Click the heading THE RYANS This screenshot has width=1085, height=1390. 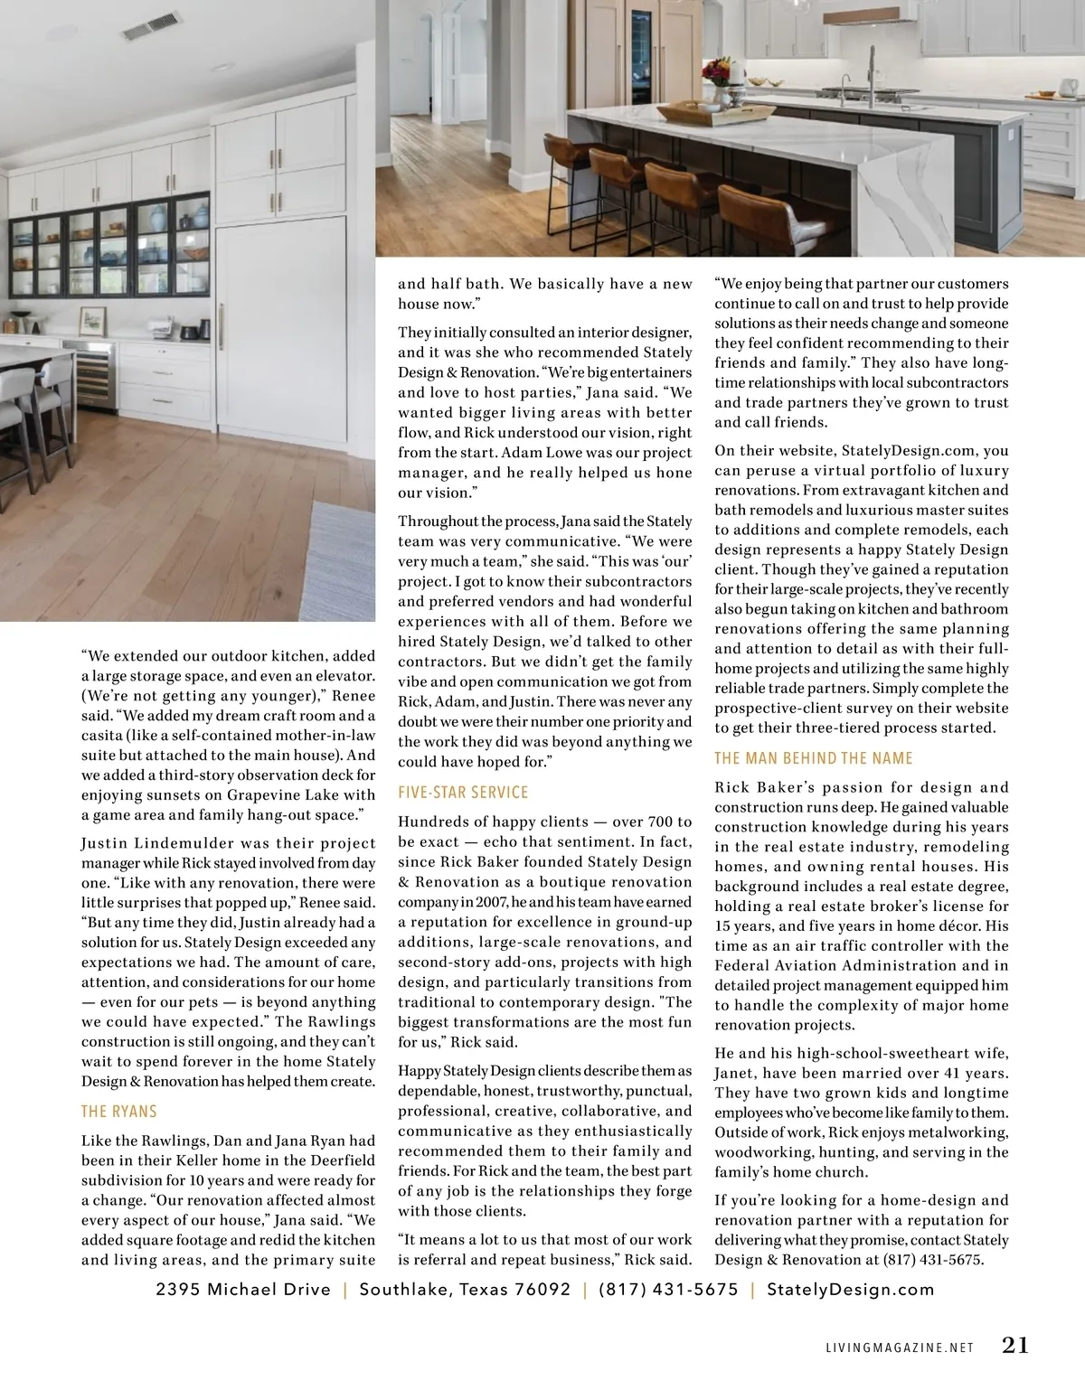118,1112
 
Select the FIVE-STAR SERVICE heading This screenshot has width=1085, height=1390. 462,793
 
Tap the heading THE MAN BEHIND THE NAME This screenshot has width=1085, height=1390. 813,758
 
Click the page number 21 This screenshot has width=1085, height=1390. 1014,1345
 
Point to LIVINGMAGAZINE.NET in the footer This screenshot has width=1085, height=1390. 900,1348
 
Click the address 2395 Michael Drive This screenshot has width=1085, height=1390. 242,1290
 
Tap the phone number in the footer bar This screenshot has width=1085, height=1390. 668,1290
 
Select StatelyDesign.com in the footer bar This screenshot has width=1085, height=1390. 850,1290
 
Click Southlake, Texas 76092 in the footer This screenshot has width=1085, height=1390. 465,1290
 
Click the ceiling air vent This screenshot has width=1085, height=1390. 151,26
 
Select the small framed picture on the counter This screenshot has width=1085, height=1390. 92,322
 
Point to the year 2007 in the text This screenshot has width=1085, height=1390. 488,902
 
